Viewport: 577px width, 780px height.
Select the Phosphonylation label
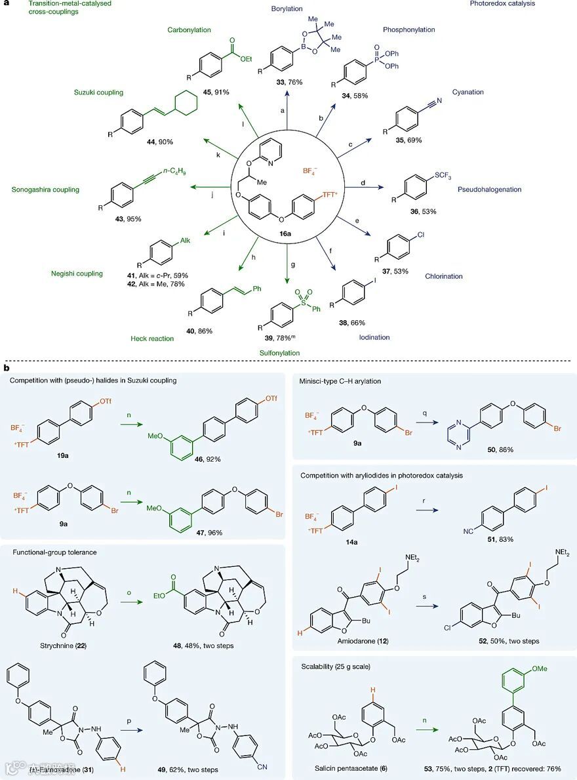(x=409, y=30)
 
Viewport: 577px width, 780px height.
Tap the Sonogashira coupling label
(x=45, y=190)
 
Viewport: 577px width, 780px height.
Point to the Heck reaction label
(x=152, y=339)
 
